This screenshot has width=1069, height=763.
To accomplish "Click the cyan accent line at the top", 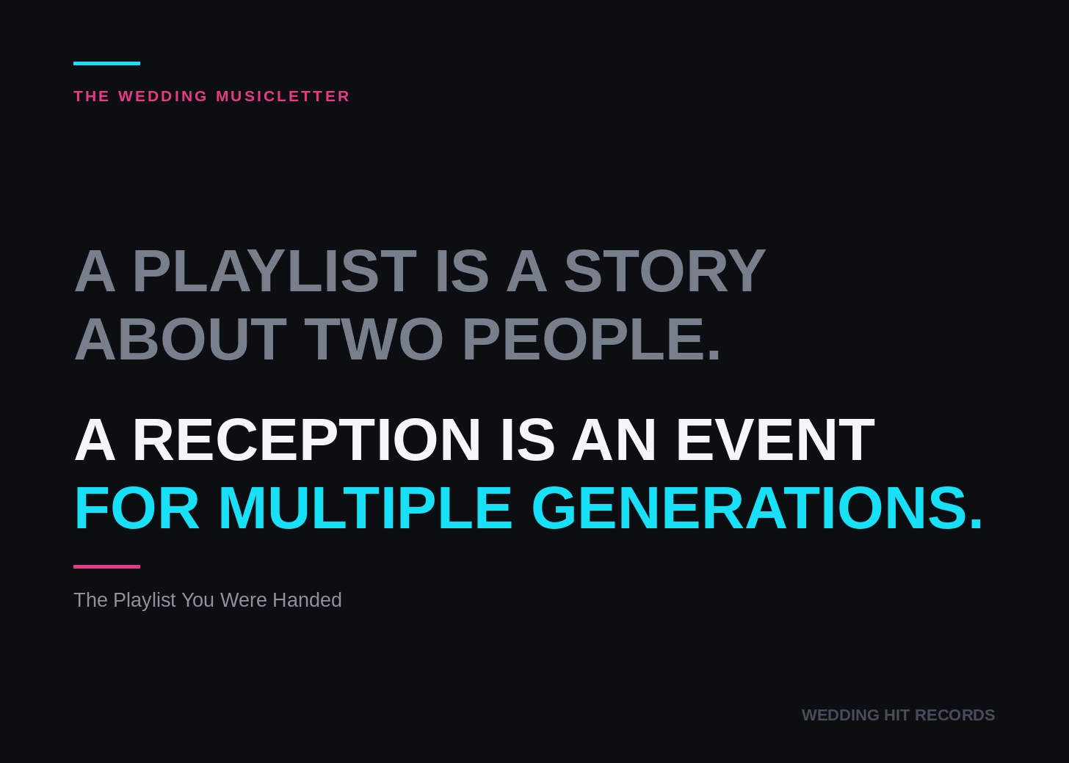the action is click(106, 63).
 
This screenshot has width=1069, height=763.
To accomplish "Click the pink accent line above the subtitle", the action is click(106, 566).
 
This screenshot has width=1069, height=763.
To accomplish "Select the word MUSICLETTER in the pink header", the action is click(283, 96).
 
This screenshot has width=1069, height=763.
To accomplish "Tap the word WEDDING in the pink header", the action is click(163, 96).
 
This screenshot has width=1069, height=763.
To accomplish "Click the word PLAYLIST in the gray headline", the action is click(275, 271).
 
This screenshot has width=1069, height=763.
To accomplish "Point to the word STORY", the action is click(665, 271).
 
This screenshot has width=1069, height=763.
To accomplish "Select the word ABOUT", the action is click(181, 339).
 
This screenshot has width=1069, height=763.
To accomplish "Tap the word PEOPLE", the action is click(591, 339).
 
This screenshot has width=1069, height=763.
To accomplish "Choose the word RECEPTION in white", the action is click(306, 439).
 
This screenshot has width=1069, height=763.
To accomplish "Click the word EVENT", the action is click(775, 439).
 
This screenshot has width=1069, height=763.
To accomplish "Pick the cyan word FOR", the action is click(137, 508).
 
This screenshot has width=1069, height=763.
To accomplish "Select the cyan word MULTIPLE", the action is click(366, 508).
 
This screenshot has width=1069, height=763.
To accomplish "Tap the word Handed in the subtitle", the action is click(307, 600).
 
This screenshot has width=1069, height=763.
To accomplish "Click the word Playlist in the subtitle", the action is click(145, 600).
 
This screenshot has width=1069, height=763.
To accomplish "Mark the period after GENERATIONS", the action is click(976, 523).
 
